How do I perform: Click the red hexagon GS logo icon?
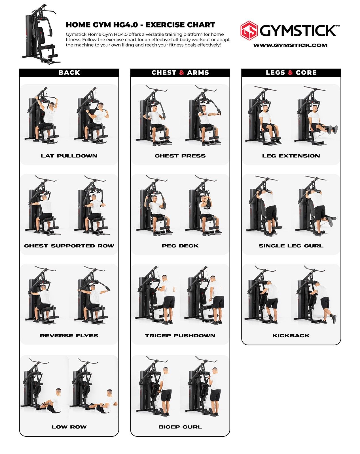click(249, 30)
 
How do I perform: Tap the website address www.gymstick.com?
click(290, 45)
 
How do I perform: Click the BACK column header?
click(69, 73)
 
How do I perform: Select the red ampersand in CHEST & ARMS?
click(181, 73)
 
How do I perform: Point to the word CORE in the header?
click(306, 73)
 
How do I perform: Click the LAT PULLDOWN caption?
click(69, 156)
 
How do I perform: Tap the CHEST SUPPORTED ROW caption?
click(69, 246)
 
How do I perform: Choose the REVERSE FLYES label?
click(69, 336)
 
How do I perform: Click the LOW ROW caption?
click(69, 427)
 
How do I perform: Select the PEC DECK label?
click(180, 246)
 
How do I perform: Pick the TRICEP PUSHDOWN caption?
click(180, 336)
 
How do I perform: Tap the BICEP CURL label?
click(180, 427)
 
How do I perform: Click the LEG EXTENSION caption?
click(291, 156)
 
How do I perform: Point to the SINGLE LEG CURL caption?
click(291, 246)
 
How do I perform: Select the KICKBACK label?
click(291, 336)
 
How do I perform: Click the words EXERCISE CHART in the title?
click(180, 25)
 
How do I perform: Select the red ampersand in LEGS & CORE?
click(291, 73)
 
